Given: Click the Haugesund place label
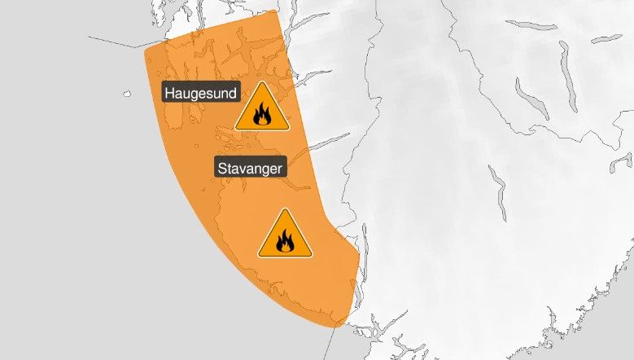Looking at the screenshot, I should coord(201,94).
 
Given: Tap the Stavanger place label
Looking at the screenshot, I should coord(251,169).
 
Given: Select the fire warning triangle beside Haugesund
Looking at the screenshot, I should coord(262,108).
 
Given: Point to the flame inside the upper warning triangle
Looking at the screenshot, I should coord(262,115).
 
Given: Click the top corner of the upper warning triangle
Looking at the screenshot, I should coord(262,82).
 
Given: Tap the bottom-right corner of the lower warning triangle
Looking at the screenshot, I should coord(312,256).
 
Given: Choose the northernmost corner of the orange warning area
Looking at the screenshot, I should coord(277,11).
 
